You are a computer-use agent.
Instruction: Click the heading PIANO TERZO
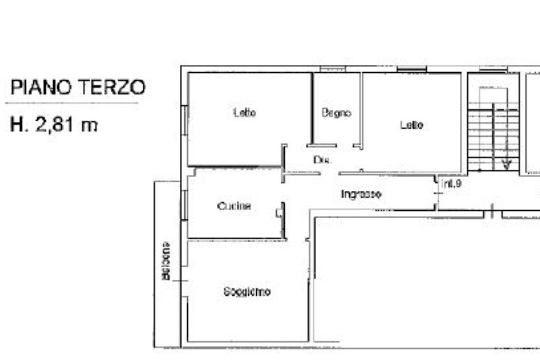[x=78, y=87]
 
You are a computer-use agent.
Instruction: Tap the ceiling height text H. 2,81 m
[x=54, y=125]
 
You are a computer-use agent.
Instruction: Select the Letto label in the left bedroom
[x=245, y=112]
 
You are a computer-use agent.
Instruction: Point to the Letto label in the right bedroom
[x=411, y=125]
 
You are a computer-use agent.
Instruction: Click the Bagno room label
[x=336, y=113]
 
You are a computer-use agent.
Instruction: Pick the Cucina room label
[x=234, y=206]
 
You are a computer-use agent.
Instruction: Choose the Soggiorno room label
[x=247, y=291]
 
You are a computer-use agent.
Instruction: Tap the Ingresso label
[x=361, y=194]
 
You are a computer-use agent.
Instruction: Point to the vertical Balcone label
[x=166, y=261]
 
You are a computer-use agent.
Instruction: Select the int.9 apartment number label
[x=452, y=184]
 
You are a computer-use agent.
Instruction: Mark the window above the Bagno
[x=332, y=69]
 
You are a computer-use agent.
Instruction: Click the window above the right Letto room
[x=411, y=69]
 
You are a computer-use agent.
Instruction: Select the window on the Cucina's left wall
[x=185, y=205]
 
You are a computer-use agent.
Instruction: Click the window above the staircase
[x=493, y=69]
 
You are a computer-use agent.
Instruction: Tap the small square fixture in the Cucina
[x=278, y=213]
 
